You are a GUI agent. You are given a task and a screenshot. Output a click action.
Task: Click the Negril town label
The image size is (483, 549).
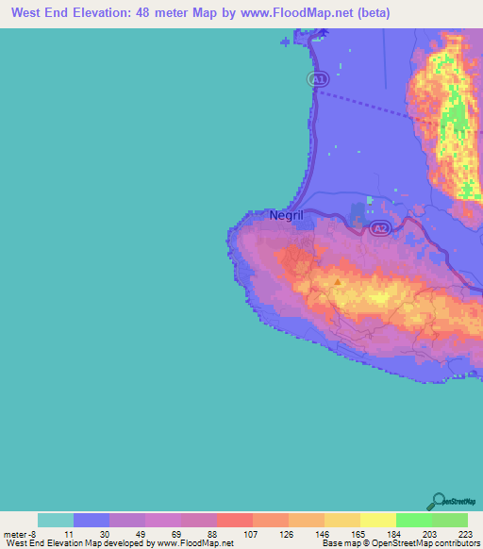[286, 215]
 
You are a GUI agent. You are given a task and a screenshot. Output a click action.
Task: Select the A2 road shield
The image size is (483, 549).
[378, 229]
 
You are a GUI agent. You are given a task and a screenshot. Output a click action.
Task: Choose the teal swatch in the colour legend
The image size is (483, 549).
[55, 520]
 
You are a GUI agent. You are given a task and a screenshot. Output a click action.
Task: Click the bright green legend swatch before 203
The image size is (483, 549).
[413, 520]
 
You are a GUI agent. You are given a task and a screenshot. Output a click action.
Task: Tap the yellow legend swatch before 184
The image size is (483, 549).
[377, 520]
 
